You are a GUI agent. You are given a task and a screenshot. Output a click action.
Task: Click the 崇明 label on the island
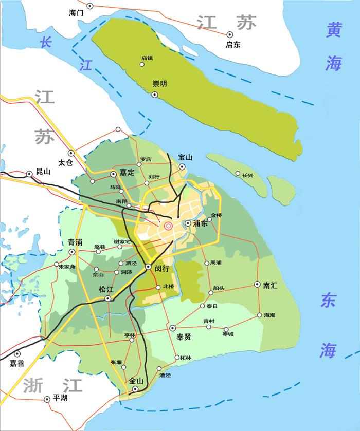tap(159, 84)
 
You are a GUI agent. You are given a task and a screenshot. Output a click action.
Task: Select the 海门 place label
tap(76, 13)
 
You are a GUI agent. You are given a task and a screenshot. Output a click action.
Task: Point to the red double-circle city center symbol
tap(168, 226)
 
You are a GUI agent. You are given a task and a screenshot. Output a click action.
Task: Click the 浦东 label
tap(200, 223)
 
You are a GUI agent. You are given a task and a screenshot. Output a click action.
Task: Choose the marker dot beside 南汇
tap(256, 284)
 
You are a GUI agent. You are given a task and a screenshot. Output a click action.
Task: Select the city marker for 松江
tap(108, 299)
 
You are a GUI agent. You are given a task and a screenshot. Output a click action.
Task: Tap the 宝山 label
tap(185, 157)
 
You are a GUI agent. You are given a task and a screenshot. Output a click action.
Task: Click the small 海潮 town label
tap(269, 315)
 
